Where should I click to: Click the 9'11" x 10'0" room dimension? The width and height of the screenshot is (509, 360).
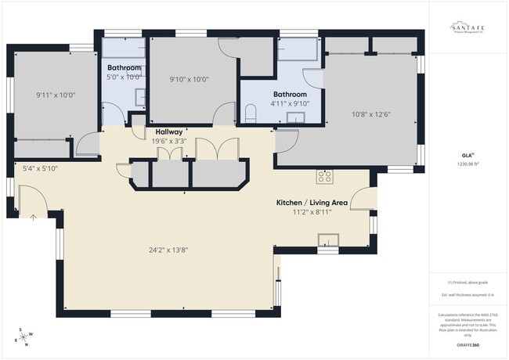pos(55,95)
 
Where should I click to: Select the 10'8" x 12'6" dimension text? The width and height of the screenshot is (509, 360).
pos(372,114)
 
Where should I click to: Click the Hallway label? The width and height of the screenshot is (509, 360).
pos(169,131)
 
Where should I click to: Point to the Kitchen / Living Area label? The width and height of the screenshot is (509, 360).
pos(312,202)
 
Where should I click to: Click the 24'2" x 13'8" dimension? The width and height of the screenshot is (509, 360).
pos(169,250)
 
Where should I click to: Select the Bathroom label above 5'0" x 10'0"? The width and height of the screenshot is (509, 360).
pos(124,68)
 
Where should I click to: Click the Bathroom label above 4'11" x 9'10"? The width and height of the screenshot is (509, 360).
pos(290,94)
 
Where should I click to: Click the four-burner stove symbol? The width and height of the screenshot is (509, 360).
pos(324,175)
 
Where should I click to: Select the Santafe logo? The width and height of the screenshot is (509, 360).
pos(467,29)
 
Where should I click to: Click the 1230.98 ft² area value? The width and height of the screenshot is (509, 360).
pos(467,164)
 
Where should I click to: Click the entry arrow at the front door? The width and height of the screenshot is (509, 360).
pos(33,218)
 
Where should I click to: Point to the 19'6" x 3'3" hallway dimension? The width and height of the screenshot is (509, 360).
pos(169,141)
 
